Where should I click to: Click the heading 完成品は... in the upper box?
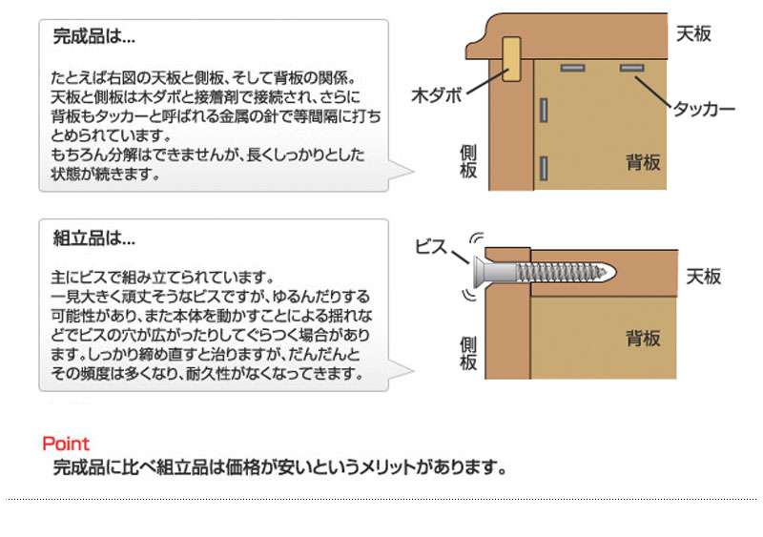[93, 38]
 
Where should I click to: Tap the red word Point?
[66, 444]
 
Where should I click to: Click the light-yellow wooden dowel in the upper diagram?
[511, 59]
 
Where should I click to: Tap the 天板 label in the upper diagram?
[693, 33]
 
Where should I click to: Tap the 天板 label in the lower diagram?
[704, 277]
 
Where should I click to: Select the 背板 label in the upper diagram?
[643, 162]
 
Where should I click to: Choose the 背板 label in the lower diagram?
[644, 338]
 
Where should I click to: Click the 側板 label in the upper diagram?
[468, 163]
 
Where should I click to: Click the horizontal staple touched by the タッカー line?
[631, 68]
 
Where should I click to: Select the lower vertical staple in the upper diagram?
[543, 168]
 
